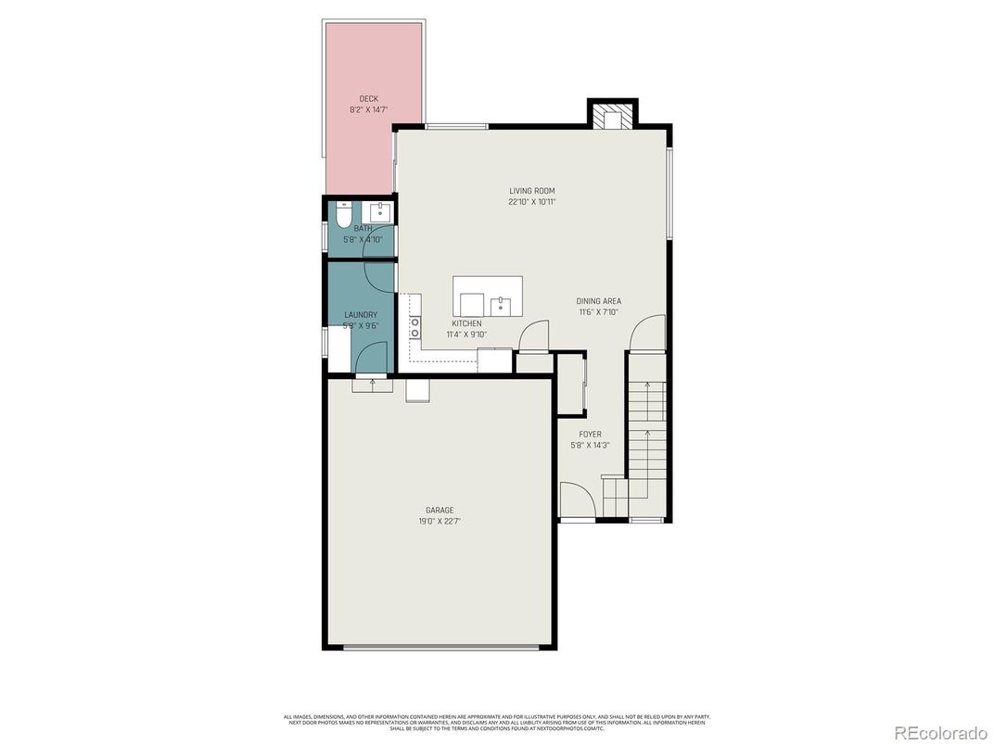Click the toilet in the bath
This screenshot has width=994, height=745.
(x=342, y=217)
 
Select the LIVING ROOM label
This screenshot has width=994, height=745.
(x=531, y=191)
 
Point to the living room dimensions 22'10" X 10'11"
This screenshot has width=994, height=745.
(x=531, y=202)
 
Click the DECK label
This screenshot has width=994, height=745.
(x=368, y=98)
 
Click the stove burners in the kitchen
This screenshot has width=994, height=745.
(x=414, y=326)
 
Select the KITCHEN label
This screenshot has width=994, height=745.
(x=466, y=323)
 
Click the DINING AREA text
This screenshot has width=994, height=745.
(x=598, y=301)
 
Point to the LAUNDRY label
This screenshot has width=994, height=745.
(x=360, y=315)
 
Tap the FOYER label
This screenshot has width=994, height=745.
(x=590, y=434)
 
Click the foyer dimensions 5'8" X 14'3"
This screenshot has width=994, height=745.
(x=590, y=445)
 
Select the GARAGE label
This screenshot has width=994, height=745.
(x=440, y=510)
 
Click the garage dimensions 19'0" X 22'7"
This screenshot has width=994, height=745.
(x=440, y=521)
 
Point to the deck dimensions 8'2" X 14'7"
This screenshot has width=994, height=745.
(x=368, y=109)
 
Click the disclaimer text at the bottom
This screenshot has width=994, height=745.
(x=497, y=723)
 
